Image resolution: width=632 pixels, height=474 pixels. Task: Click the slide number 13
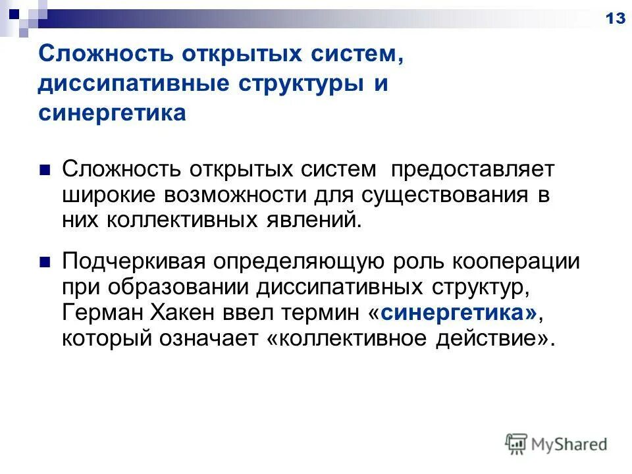(x=615, y=18)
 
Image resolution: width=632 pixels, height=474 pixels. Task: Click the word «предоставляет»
(x=473, y=169)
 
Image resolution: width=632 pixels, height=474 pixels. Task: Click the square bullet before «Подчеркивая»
(x=45, y=261)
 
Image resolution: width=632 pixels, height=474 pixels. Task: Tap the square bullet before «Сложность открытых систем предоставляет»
(x=45, y=169)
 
